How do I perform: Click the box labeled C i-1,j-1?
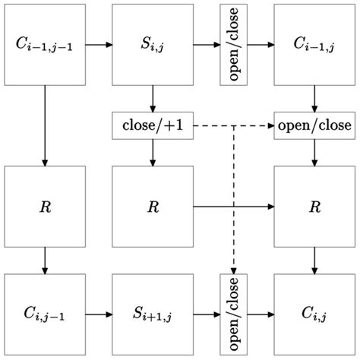click(x=45, y=45)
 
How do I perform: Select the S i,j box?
click(x=153, y=45)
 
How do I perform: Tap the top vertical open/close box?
click(x=233, y=45)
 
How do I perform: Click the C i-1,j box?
click(x=314, y=45)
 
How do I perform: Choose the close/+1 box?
click(x=153, y=125)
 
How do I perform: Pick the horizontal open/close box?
click(x=314, y=125)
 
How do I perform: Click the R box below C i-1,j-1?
click(x=45, y=206)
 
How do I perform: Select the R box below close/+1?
click(x=153, y=206)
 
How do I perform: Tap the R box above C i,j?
click(x=314, y=206)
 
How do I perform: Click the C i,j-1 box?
click(x=45, y=314)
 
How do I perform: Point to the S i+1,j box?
click(x=153, y=314)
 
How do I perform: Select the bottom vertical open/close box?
click(x=233, y=314)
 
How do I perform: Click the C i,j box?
click(x=314, y=314)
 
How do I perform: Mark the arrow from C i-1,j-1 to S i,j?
click(x=99, y=45)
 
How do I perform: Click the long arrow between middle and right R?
click(x=234, y=206)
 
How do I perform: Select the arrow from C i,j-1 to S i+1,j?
click(x=99, y=314)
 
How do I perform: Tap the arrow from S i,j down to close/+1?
click(x=153, y=99)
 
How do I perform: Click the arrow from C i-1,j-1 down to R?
click(x=45, y=125)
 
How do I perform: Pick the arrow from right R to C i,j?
click(x=314, y=260)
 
